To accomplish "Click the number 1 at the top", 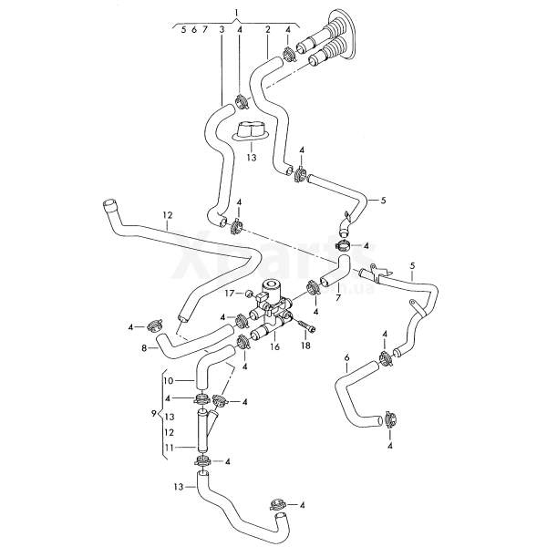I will (x=236, y=12).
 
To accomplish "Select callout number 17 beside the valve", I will (x=232, y=294).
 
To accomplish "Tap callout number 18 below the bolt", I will (x=305, y=346).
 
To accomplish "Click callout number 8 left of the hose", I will (x=144, y=348).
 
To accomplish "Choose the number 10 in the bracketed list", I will (x=169, y=379).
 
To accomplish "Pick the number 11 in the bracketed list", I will (x=169, y=448).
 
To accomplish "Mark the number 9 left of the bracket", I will (x=153, y=413).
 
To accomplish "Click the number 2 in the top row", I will (x=268, y=30).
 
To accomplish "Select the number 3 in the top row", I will (x=222, y=30).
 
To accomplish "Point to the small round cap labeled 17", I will (x=248, y=294).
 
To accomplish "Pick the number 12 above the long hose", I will (x=167, y=216).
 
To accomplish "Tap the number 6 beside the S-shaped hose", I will (x=346, y=357).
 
